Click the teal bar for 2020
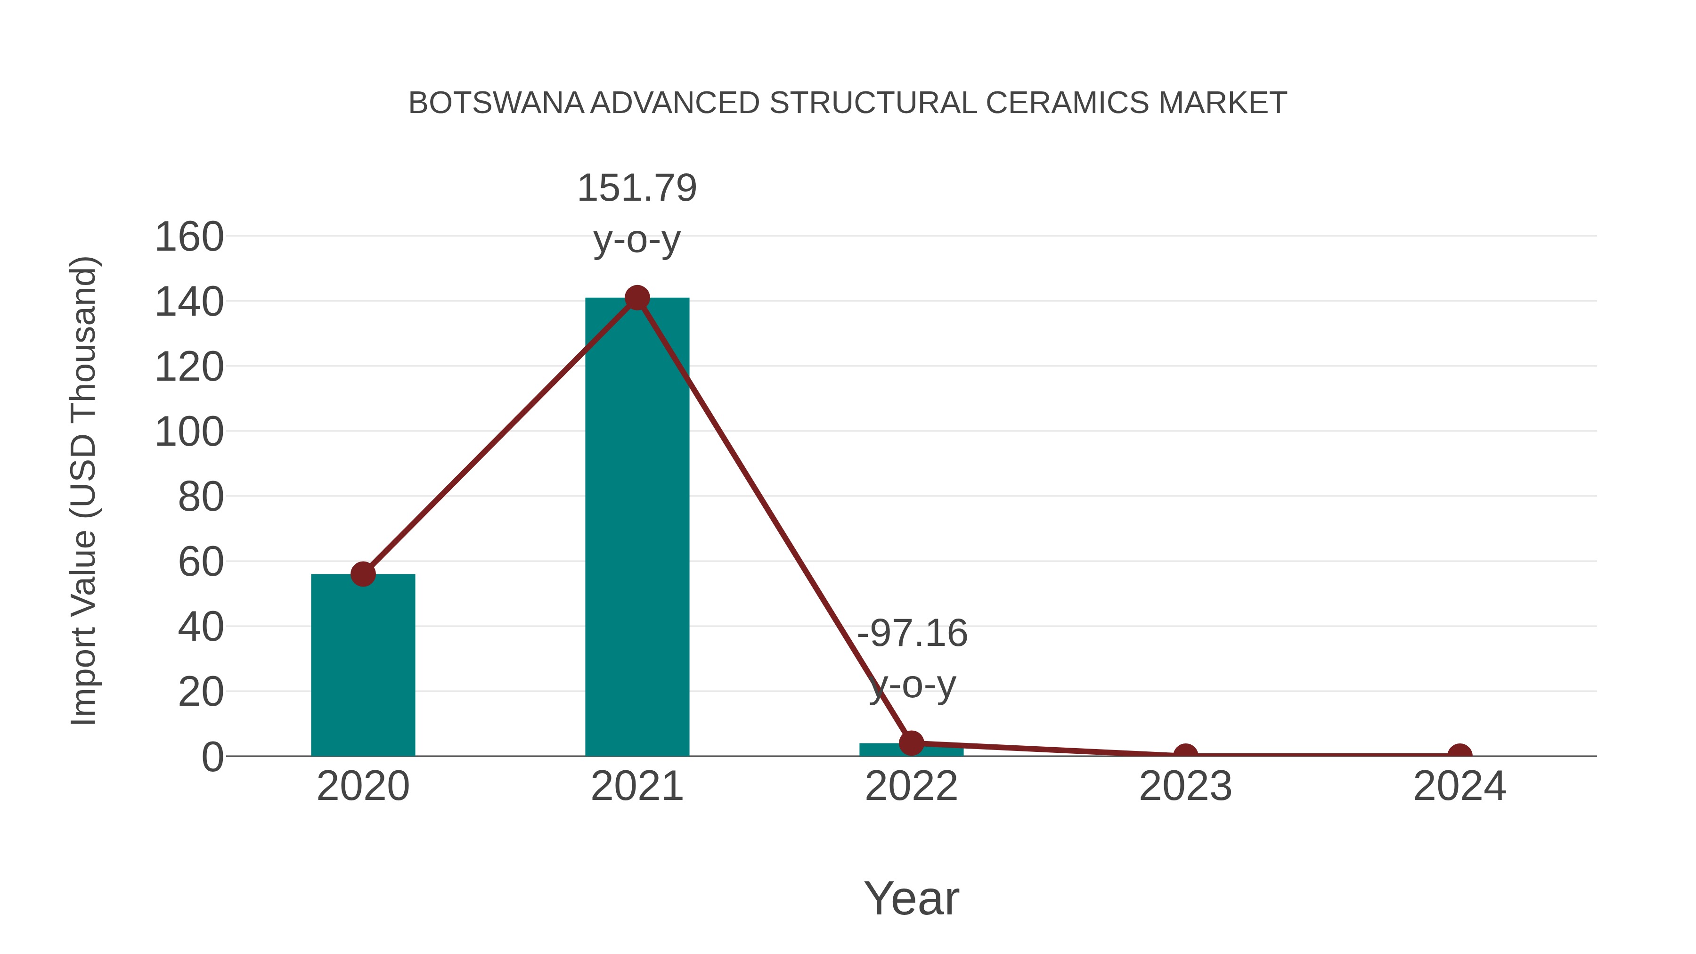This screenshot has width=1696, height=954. (363, 665)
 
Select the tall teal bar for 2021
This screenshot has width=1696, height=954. (636, 527)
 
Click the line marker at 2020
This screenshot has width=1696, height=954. (363, 574)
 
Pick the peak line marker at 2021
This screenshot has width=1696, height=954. (636, 298)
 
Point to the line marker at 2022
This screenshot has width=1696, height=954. (911, 742)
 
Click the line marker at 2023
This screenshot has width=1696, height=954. (1185, 755)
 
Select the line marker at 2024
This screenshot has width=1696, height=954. (1460, 755)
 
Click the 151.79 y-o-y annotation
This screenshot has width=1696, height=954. (636, 213)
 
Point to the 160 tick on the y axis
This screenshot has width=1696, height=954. (189, 237)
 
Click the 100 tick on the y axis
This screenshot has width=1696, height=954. (189, 432)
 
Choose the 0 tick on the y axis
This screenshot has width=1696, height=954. (212, 757)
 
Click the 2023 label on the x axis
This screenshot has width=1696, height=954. (1185, 786)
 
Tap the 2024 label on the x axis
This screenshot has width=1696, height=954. (1460, 786)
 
